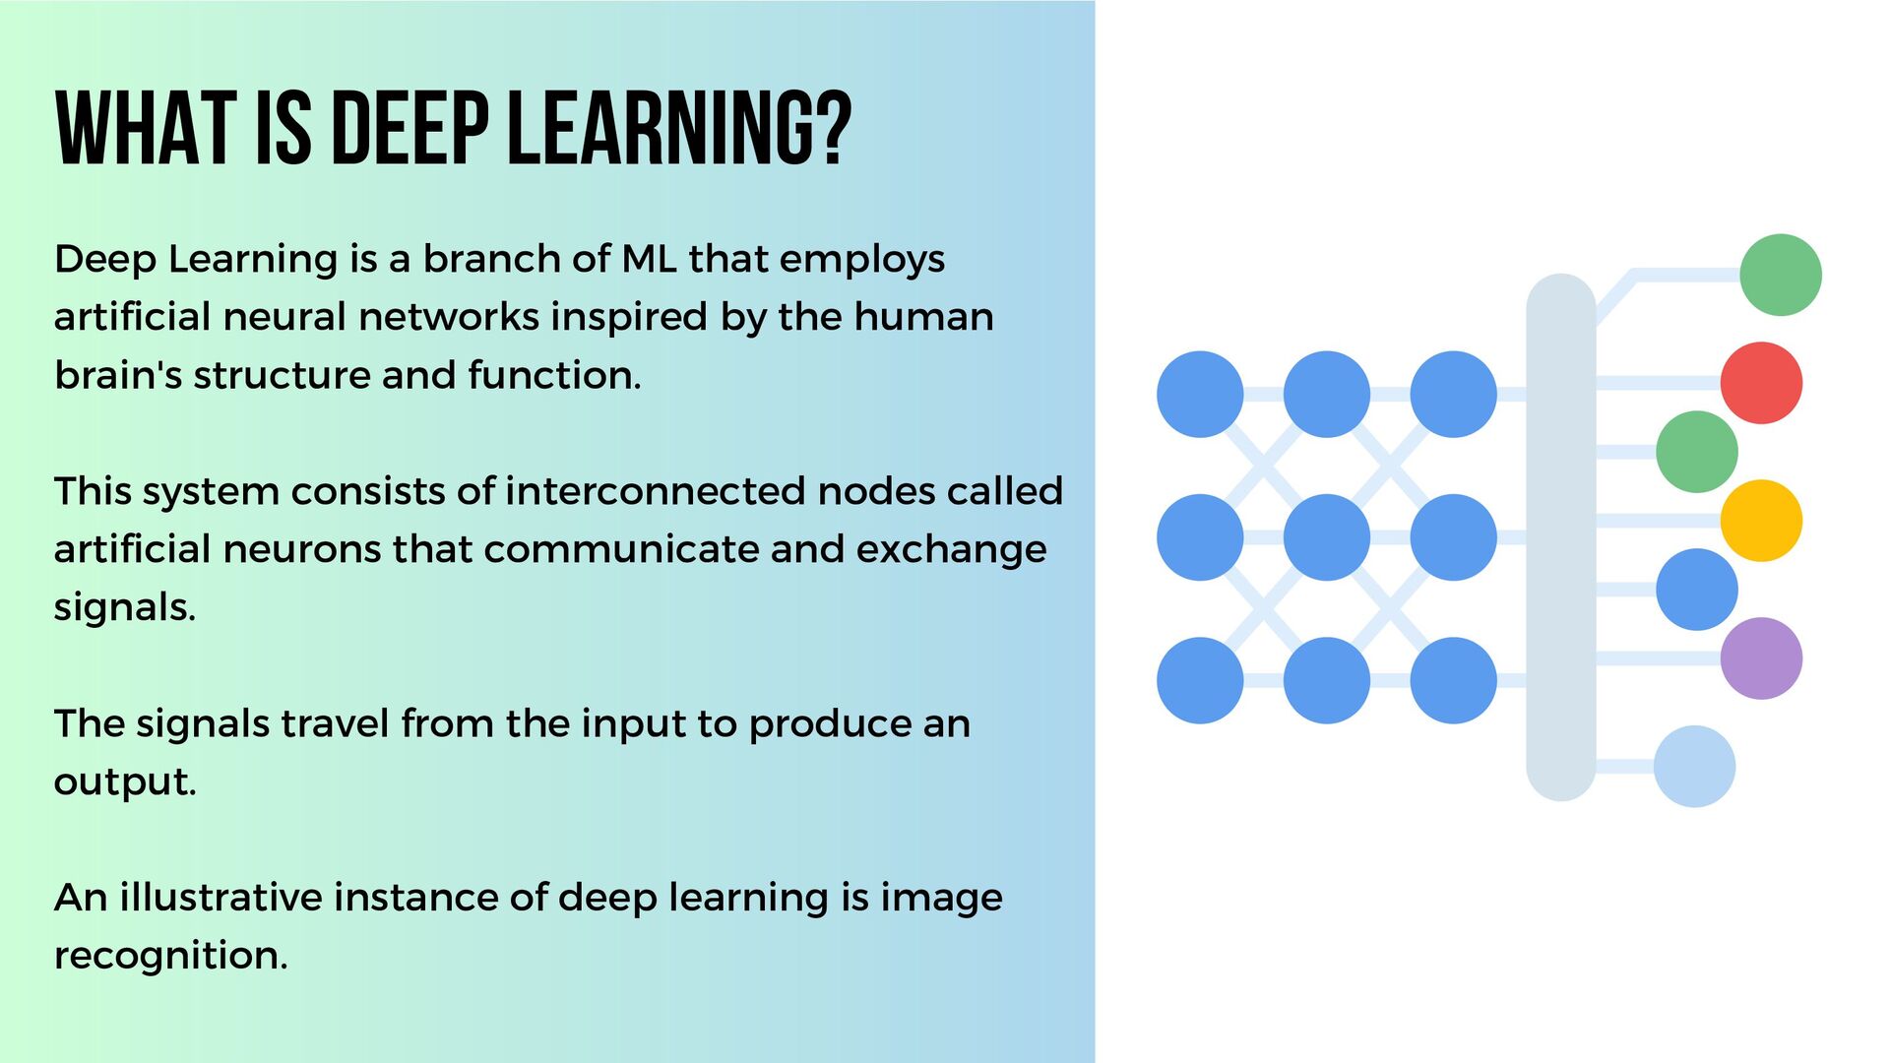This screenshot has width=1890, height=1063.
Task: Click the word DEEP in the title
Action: [x=411, y=128]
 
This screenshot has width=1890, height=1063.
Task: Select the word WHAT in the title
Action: [x=145, y=128]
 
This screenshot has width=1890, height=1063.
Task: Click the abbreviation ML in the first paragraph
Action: [x=649, y=259]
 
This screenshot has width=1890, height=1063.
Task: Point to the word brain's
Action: [x=118, y=375]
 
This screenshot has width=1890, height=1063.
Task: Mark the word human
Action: [x=923, y=317]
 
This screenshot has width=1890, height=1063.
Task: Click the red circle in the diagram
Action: [x=1761, y=383]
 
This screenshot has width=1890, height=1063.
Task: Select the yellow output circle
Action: [x=1761, y=521]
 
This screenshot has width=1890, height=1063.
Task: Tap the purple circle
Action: [x=1761, y=658]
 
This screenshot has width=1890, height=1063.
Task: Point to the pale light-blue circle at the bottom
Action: [x=1694, y=767]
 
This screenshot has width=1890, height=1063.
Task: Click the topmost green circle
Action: [x=1780, y=275]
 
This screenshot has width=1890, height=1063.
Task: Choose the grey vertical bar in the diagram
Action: [x=1560, y=537]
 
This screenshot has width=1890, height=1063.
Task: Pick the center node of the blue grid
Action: [x=1326, y=537]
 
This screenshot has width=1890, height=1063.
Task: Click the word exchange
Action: [x=951, y=549]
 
